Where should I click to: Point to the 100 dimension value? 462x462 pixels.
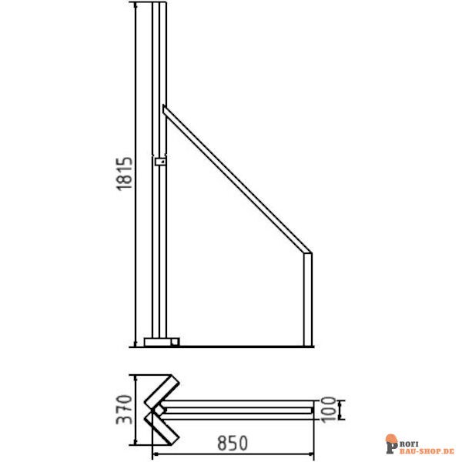[x=328, y=409]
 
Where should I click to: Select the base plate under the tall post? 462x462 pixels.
[x=161, y=340]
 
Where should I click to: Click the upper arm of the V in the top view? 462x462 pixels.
[x=164, y=390]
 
